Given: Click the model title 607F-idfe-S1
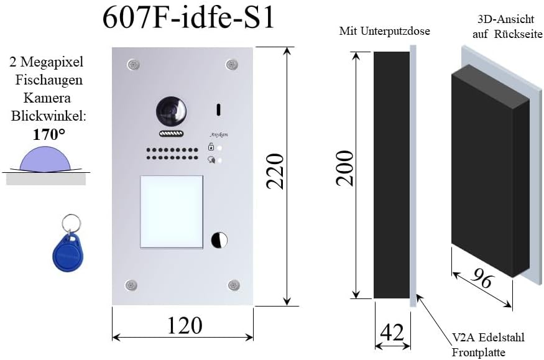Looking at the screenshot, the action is click(188, 17).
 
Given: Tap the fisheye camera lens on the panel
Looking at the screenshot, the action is click(171, 112).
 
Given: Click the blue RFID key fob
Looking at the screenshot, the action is click(68, 253).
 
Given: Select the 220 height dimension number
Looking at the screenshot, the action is click(275, 172).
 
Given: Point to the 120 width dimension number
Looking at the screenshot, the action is click(185, 325).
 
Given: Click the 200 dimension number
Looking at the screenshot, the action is click(344, 168).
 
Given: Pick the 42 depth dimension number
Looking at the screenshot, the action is click(392, 332).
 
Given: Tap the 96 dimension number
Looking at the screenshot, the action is click(482, 277).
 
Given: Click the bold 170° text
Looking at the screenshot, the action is click(48, 134).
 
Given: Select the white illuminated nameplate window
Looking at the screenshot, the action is click(172, 212).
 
